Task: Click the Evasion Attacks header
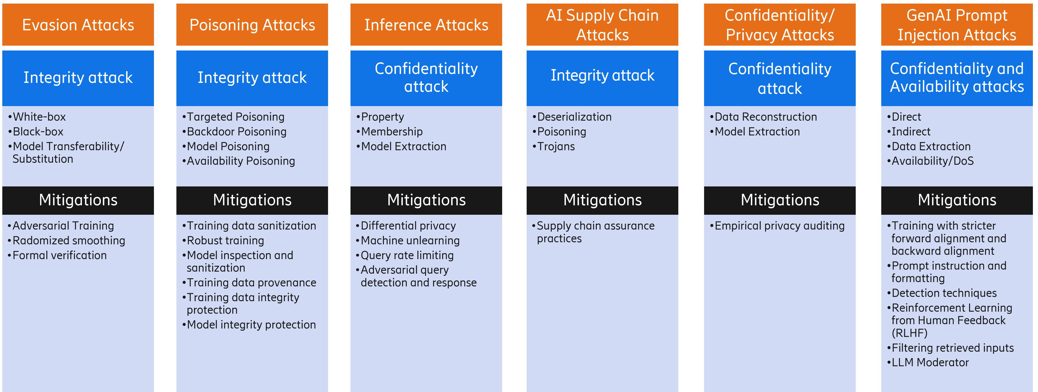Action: pos(78,25)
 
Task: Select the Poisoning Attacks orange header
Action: pos(252,25)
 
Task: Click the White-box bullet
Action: pos(39,117)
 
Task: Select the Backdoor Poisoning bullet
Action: pos(237,132)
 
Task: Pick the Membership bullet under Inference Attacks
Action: pos(392,132)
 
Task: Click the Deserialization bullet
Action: pos(574,117)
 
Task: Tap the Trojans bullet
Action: pos(556,146)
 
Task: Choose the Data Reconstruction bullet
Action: pos(766,117)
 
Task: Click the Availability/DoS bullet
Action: pos(932,161)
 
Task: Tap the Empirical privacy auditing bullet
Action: pos(779,226)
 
